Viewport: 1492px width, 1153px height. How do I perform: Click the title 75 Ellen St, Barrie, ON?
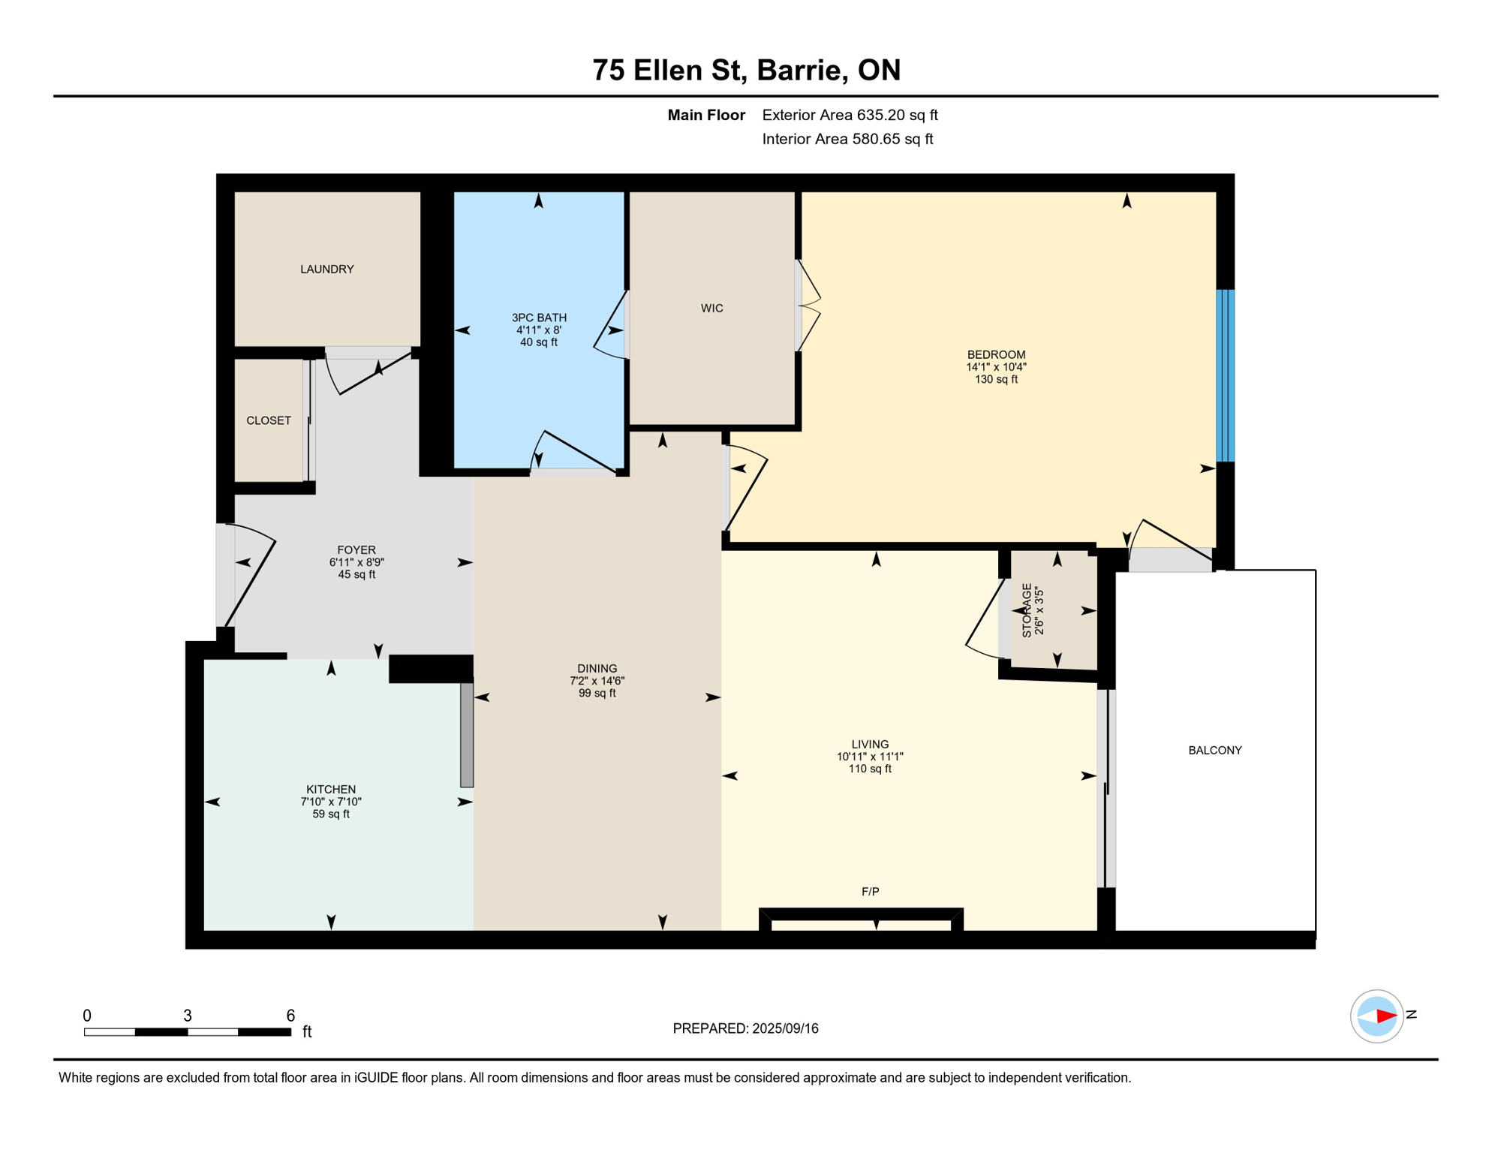[x=746, y=70]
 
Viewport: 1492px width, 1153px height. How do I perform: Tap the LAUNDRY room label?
[x=327, y=269]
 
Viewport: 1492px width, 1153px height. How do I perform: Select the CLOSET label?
[x=269, y=421]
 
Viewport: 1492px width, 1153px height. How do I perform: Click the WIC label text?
[x=711, y=309]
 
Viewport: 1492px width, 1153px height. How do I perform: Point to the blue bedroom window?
[x=1225, y=375]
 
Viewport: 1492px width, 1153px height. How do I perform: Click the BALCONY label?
[x=1214, y=751]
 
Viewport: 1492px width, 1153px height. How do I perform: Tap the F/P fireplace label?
[x=870, y=892]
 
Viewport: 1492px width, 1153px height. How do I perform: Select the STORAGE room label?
[x=1027, y=611]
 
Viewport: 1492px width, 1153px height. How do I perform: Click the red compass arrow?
[x=1385, y=1016]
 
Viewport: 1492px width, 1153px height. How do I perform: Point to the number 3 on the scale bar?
[x=188, y=1016]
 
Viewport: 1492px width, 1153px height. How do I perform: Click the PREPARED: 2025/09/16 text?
[x=745, y=1029]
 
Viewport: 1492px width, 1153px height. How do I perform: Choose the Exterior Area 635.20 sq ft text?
[x=850, y=115]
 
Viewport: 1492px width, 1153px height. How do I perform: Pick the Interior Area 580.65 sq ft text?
[x=847, y=139]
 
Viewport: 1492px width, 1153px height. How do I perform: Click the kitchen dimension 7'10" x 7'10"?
[x=331, y=802]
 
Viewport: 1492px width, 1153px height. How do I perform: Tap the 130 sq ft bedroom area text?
[x=996, y=380]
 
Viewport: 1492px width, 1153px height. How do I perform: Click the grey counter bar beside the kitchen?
[x=467, y=735]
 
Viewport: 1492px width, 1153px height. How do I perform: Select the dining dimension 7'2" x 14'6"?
[x=597, y=682]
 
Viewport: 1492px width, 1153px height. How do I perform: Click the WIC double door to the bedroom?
[x=808, y=306]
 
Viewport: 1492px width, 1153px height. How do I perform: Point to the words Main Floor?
[x=706, y=115]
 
